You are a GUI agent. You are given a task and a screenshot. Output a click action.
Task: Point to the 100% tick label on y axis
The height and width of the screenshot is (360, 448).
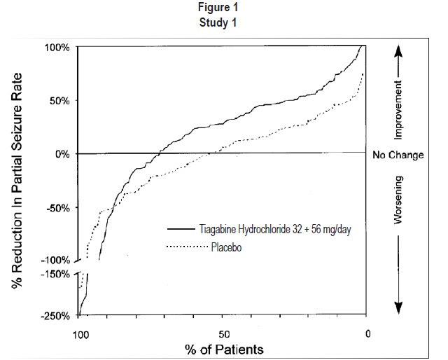pyautogui.click(x=57, y=48)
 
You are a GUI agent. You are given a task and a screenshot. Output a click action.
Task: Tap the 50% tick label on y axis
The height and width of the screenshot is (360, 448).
pyautogui.click(x=59, y=101)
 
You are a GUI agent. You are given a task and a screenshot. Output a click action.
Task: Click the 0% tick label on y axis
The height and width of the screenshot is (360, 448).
pyautogui.click(x=62, y=154)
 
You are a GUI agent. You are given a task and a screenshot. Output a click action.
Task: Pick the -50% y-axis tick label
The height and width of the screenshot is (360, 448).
pyautogui.click(x=58, y=208)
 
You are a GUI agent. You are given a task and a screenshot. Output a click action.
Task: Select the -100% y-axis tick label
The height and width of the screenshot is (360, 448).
pyautogui.click(x=56, y=261)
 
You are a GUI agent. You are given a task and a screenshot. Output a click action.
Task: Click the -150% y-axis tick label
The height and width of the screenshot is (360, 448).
pyautogui.click(x=56, y=274)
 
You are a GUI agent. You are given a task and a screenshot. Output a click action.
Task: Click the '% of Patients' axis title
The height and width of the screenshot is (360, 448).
pyautogui.click(x=223, y=348)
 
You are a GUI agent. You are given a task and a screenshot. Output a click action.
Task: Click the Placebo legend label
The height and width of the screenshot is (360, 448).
pyautogui.click(x=226, y=247)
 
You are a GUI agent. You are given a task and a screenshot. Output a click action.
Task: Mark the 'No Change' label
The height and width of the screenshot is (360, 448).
pyautogui.click(x=397, y=155)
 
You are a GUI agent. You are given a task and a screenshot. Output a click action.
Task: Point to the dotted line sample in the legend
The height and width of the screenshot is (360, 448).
pyautogui.click(x=188, y=247)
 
